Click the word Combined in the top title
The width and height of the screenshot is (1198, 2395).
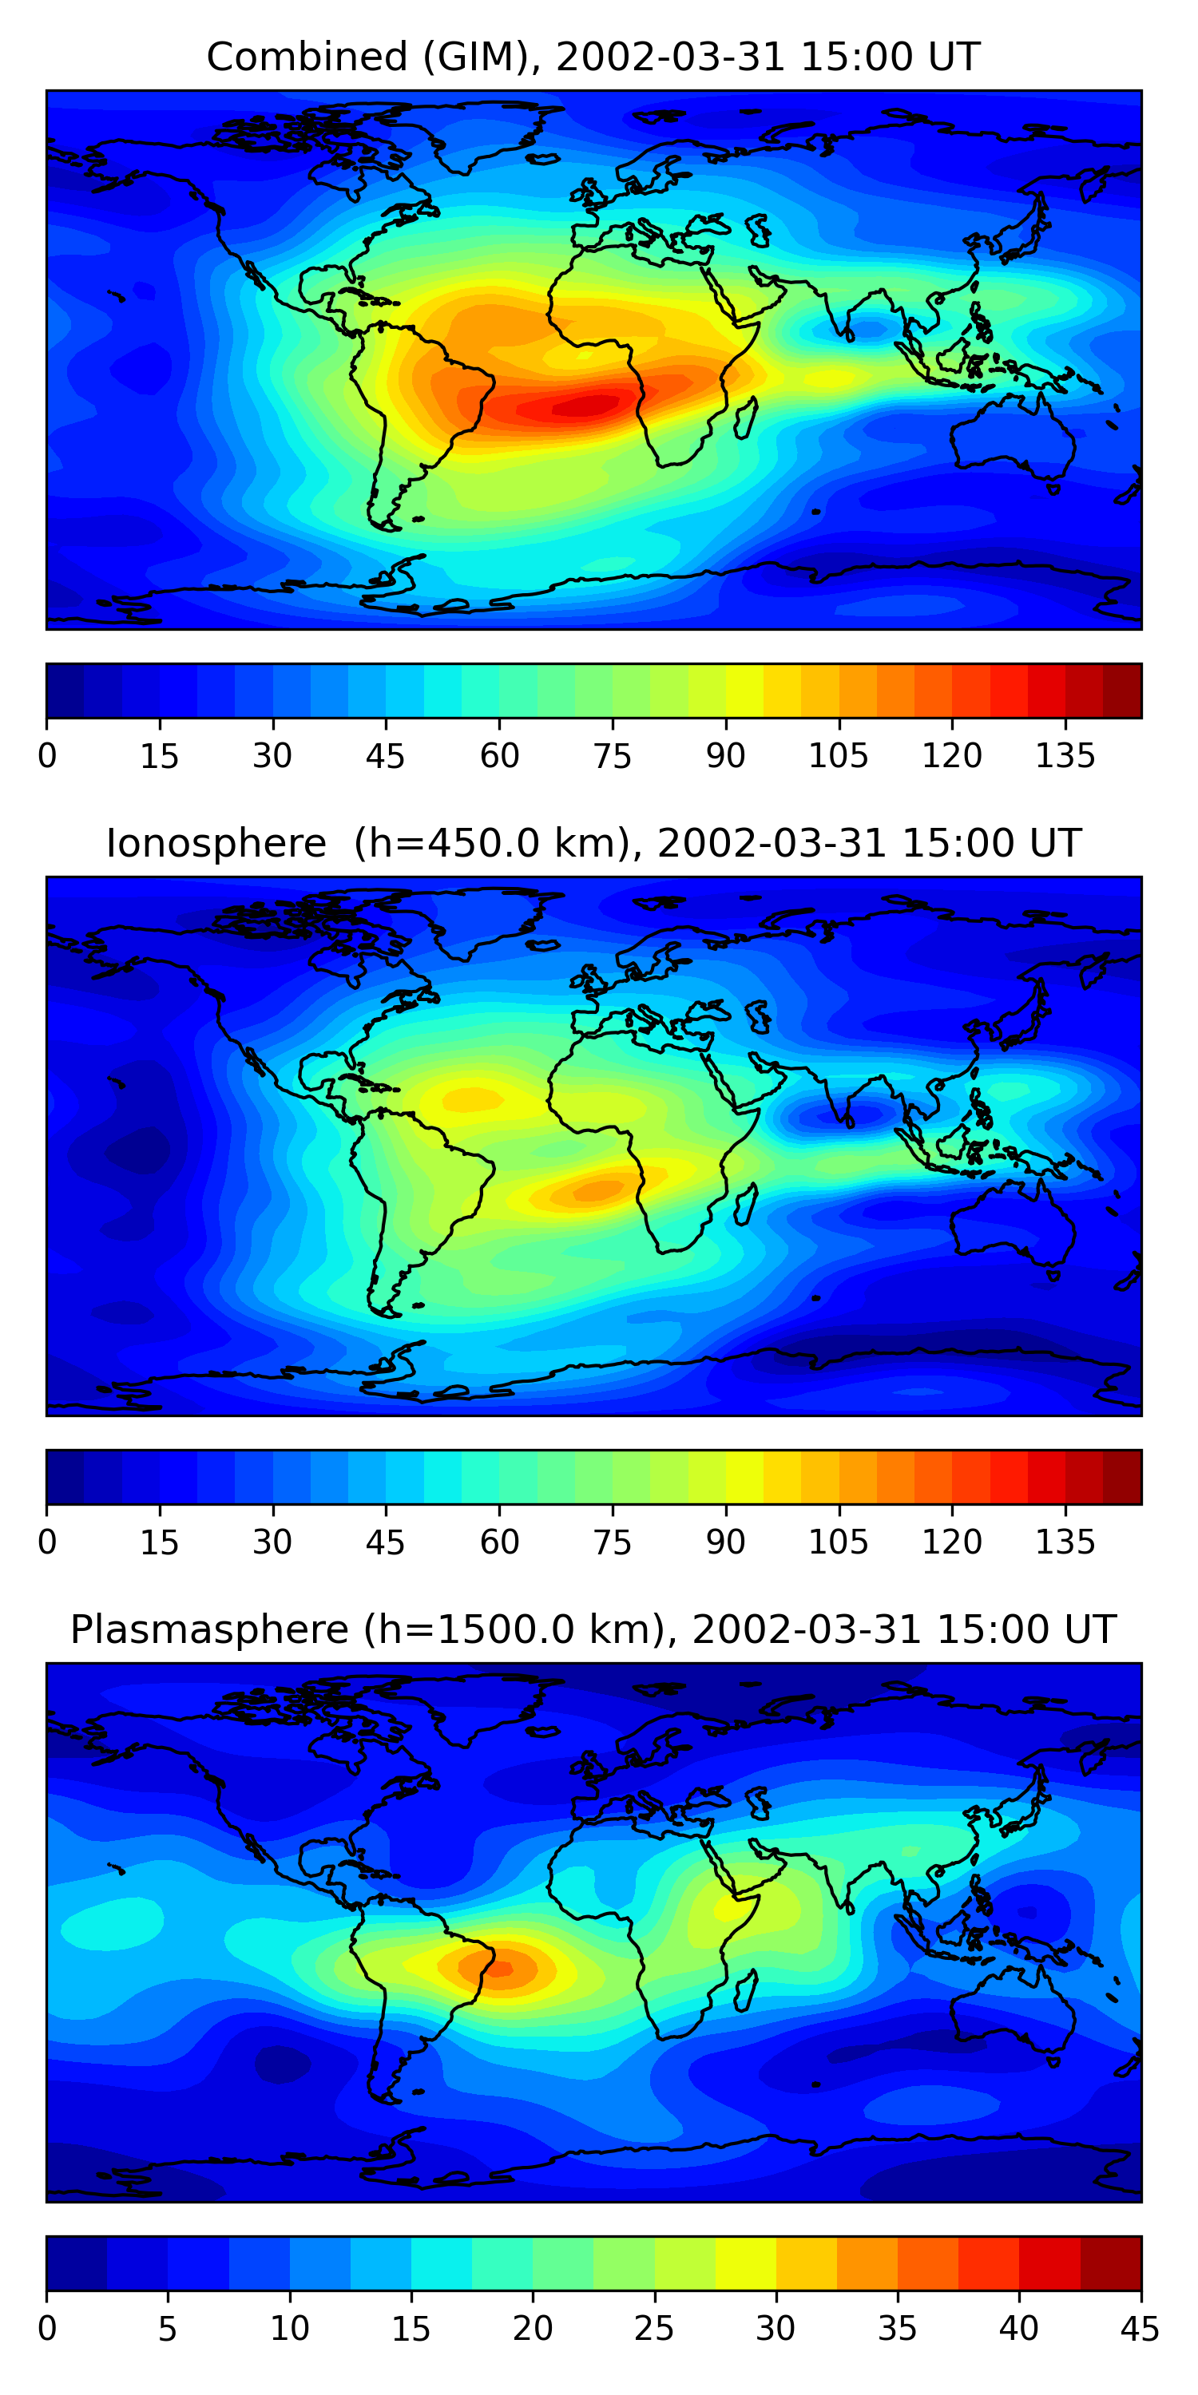tap(307, 57)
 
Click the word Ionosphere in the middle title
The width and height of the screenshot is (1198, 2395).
tap(216, 843)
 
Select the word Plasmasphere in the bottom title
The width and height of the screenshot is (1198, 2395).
tap(209, 1630)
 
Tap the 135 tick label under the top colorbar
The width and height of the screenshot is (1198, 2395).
tap(1065, 756)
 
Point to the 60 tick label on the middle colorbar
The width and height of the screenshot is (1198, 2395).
tap(499, 1542)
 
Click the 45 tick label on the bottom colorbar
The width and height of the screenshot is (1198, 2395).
tap(1140, 2329)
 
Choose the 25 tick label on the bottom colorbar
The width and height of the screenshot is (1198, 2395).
tap(654, 2329)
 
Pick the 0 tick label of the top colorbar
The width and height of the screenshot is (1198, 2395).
tap(47, 756)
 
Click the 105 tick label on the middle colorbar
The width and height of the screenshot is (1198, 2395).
tap(838, 1542)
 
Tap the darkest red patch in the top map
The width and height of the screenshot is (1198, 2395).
tap(586, 406)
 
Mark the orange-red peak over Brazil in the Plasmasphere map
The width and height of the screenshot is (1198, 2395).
tap(499, 1968)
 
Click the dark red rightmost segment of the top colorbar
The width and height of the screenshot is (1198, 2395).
tap(1122, 691)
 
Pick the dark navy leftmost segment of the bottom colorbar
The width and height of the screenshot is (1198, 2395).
tap(76, 2264)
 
